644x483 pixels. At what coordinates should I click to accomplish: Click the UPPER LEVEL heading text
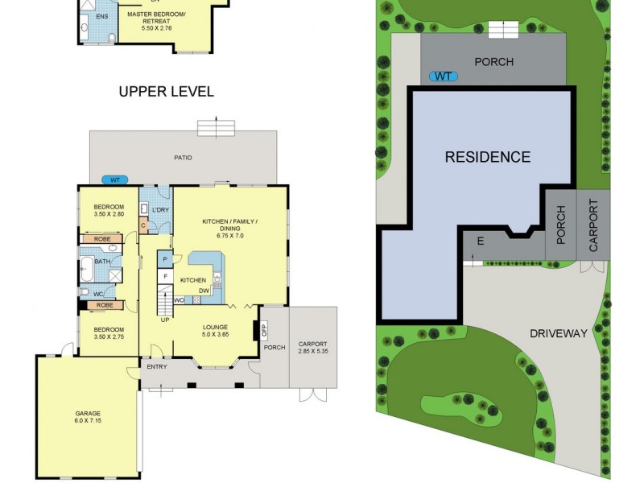click(167, 92)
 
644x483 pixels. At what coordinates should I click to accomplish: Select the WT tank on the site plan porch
click(444, 76)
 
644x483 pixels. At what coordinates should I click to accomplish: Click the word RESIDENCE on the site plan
click(488, 157)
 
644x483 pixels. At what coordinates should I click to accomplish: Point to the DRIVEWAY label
click(559, 333)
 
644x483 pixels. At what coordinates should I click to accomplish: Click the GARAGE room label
click(89, 414)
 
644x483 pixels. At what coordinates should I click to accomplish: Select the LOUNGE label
click(215, 328)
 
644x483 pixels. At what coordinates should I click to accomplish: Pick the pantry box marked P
click(165, 259)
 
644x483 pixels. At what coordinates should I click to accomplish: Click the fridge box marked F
click(165, 277)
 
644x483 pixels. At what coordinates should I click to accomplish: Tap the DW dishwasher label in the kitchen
click(205, 291)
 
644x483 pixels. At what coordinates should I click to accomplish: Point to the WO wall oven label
click(179, 300)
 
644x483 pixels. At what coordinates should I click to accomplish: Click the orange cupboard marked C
click(143, 225)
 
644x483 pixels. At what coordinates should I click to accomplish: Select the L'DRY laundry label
click(161, 210)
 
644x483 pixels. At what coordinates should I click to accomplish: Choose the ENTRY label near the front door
click(156, 367)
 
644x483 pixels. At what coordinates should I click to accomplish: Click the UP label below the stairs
click(165, 320)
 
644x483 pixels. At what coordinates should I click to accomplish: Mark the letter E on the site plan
click(480, 242)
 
